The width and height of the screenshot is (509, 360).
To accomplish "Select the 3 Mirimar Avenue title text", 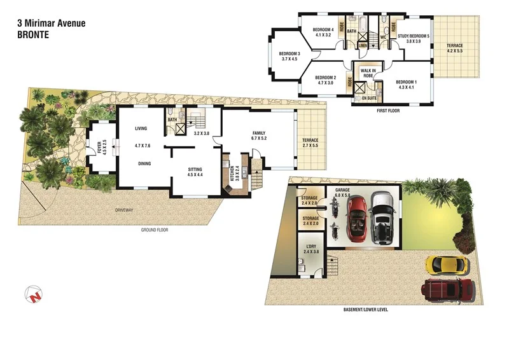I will (51, 24).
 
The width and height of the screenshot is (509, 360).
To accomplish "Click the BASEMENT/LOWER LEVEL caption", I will (366, 310).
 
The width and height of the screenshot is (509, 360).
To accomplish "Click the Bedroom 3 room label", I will (289, 53).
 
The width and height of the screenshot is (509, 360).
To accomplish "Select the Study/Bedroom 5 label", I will (414, 36).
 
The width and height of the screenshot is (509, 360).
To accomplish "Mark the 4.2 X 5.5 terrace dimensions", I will (455, 51).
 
